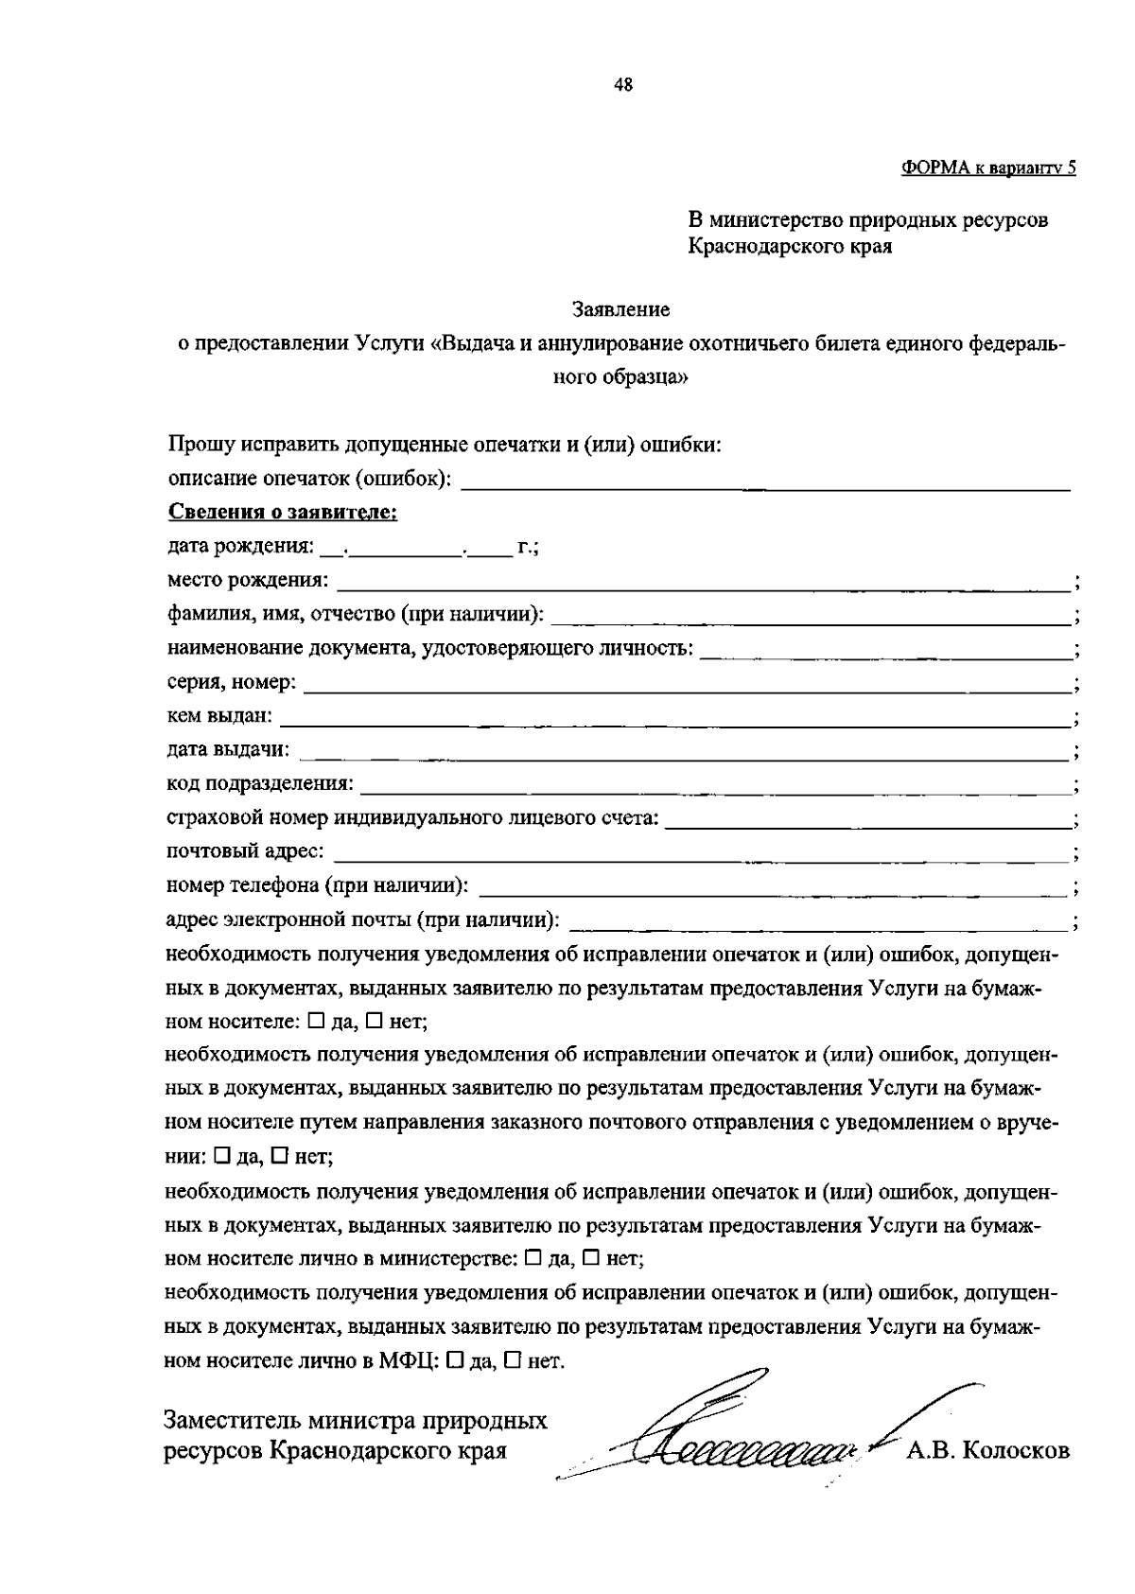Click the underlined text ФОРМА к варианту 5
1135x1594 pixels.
(988, 168)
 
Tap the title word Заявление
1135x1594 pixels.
(621, 309)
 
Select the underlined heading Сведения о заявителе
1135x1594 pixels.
(283, 513)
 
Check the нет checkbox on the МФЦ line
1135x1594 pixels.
(512, 1361)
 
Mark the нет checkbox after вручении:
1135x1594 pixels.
(280, 1155)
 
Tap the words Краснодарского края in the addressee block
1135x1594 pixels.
(791, 248)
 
